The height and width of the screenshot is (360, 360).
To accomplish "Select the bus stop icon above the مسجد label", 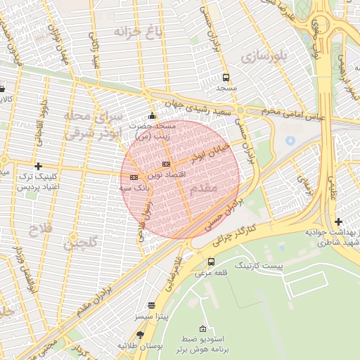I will click(x=226, y=78).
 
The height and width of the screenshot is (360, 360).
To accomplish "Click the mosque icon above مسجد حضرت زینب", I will click(x=152, y=116).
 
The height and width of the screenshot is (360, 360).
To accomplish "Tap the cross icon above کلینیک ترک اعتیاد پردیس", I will click(x=38, y=166).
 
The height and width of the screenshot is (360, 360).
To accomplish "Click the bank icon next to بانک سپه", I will click(x=134, y=177).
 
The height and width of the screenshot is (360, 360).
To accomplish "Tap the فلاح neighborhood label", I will click(x=40, y=228).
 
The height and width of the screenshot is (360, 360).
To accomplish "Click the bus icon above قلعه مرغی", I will click(x=211, y=262).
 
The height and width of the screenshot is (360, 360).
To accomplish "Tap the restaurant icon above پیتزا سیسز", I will click(x=152, y=306).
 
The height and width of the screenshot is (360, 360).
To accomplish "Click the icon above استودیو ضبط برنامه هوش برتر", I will click(x=203, y=328).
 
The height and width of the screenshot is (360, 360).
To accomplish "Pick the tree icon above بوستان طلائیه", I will click(x=140, y=335).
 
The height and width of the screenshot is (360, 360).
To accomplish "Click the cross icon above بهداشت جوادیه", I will click(x=339, y=222).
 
